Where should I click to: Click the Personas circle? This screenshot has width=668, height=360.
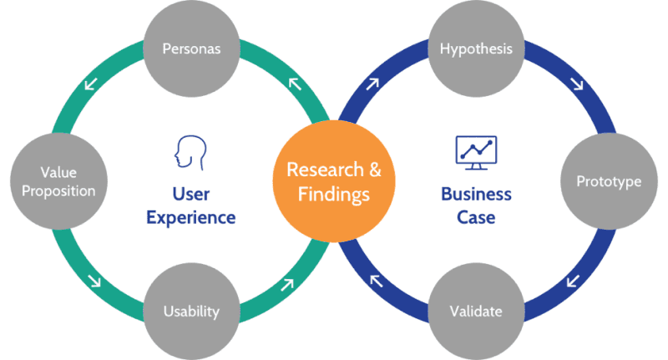pyautogui.click(x=191, y=49)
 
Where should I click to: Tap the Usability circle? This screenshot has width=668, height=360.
pyautogui.click(x=191, y=311)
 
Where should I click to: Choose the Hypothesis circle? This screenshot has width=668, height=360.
pyautogui.click(x=476, y=49)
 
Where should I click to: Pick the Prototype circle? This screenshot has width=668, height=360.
pyautogui.click(x=609, y=180)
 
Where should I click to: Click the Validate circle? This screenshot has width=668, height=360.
pyautogui.click(x=476, y=311)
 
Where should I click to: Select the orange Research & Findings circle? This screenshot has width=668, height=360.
pyautogui.click(x=334, y=180)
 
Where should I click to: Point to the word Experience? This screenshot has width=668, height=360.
pyautogui.click(x=191, y=218)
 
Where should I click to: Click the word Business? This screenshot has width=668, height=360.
pyautogui.click(x=476, y=195)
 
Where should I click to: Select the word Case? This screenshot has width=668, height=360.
pyautogui.click(x=476, y=218)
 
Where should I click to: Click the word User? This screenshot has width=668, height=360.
pyautogui.click(x=191, y=195)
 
